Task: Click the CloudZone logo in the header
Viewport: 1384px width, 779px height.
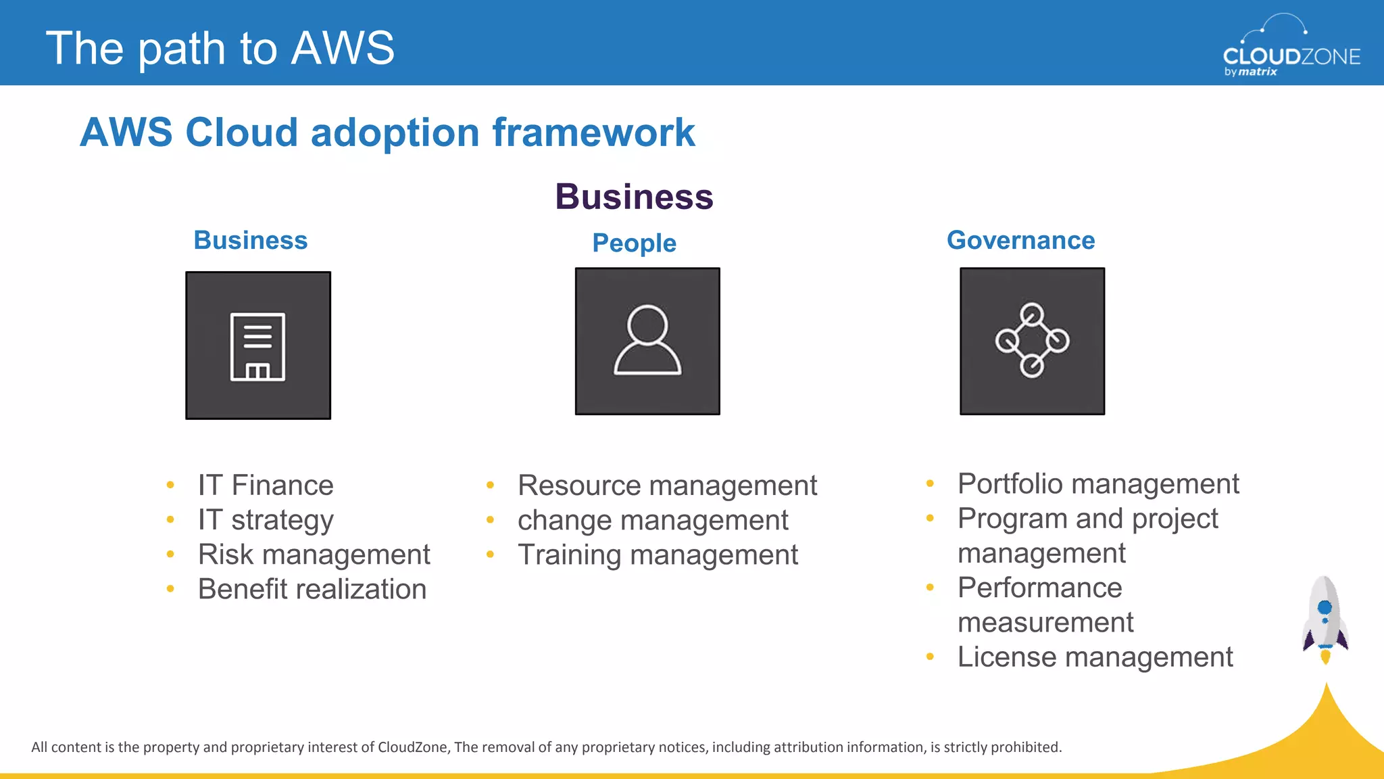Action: [1291, 47]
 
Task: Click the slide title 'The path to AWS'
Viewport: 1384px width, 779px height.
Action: [220, 49]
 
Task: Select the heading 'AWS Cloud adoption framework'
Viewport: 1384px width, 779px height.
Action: [387, 132]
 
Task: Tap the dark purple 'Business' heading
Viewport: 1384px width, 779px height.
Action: [634, 197]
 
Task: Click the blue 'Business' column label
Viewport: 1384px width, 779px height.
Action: [251, 241]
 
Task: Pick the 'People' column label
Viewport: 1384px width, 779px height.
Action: [634, 243]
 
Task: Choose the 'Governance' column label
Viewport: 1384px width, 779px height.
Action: [1020, 241]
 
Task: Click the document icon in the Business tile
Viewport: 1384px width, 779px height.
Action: [257, 346]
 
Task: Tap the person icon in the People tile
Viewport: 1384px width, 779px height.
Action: [647, 340]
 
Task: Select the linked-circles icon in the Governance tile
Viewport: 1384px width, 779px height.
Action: [1032, 340]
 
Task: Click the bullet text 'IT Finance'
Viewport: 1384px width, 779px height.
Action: [266, 486]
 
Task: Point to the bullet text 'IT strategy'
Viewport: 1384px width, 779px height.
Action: [266, 520]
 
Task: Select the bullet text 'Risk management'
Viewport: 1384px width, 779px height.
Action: [314, 554]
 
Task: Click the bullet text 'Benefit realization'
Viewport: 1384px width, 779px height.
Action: [312, 589]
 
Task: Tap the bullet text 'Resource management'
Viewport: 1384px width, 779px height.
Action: [667, 486]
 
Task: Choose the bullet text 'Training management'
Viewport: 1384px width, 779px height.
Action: [658, 554]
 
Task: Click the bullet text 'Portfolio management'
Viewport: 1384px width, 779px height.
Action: [1098, 484]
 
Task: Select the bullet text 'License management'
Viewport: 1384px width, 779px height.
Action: [1095, 657]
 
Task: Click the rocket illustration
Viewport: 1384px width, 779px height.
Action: [1325, 619]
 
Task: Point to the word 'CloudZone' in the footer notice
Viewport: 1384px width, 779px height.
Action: [412, 747]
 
